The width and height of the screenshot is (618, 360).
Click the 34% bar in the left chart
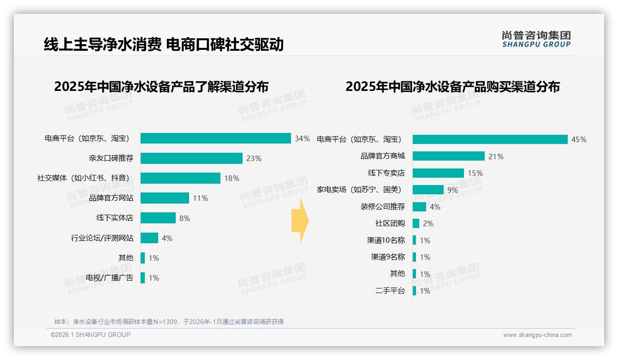(x=215, y=138)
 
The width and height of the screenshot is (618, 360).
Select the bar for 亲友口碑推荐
(x=191, y=158)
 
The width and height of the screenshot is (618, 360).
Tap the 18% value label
(x=232, y=178)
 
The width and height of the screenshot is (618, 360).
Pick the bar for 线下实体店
(x=158, y=218)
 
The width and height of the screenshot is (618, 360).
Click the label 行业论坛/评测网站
(x=102, y=238)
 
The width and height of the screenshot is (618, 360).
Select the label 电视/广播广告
(x=109, y=278)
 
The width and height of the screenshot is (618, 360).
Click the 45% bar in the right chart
(x=490, y=139)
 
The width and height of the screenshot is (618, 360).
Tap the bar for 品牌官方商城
(x=448, y=156)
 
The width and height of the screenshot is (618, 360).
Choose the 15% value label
(x=475, y=173)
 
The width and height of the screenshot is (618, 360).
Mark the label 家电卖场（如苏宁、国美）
(x=359, y=190)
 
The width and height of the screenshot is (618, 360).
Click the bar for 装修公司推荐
(x=419, y=207)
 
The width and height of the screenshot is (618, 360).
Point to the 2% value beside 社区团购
(x=428, y=223)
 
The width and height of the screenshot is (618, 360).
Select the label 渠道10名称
(x=386, y=240)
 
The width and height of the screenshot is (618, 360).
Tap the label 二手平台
(x=390, y=291)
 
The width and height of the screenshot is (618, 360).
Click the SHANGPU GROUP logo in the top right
(x=536, y=39)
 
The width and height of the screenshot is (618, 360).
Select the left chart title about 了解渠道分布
(x=161, y=87)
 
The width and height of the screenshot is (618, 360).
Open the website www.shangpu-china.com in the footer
(x=537, y=335)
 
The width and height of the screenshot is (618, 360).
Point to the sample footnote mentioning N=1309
(x=169, y=322)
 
